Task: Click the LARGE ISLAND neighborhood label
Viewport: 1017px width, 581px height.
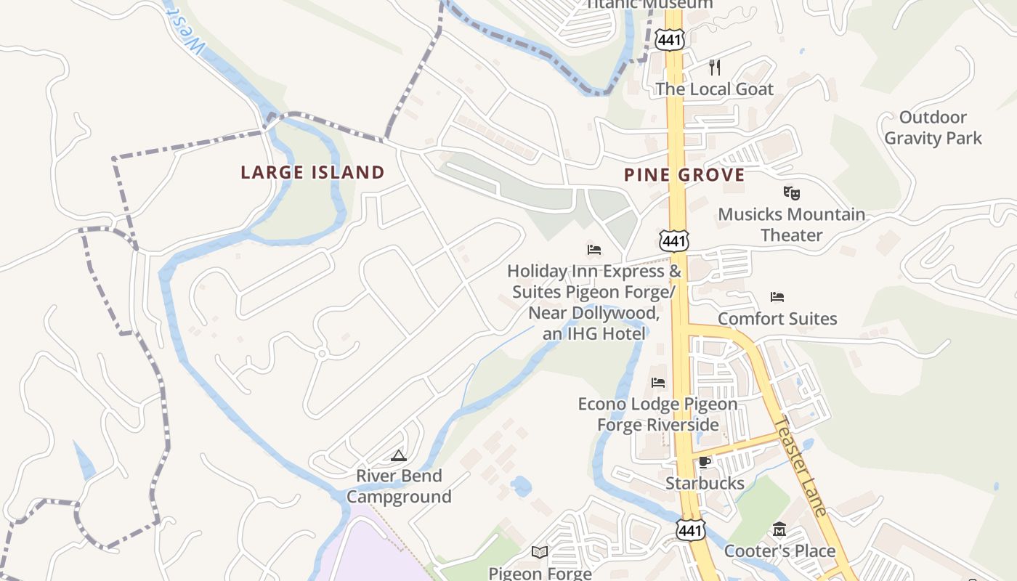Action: click(312, 173)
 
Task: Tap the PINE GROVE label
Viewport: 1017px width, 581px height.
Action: click(684, 175)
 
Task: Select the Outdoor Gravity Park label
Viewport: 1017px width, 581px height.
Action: click(933, 128)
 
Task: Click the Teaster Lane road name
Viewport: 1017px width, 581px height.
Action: click(801, 467)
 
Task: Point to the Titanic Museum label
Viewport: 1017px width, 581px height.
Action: click(649, 4)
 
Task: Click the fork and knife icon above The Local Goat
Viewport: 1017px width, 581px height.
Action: click(715, 68)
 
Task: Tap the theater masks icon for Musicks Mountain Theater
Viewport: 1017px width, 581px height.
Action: click(791, 193)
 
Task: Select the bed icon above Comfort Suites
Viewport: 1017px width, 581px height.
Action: click(777, 297)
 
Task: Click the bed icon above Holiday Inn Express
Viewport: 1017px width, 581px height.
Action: click(594, 250)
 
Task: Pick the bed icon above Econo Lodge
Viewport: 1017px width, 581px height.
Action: click(658, 382)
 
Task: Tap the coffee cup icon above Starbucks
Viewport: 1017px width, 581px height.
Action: click(704, 462)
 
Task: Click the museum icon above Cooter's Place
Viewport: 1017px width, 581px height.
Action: click(779, 529)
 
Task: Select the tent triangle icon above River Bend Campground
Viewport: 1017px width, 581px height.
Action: click(398, 455)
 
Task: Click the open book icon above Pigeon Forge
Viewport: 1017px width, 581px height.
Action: click(539, 553)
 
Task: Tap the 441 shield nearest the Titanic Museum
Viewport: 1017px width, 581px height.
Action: click(669, 39)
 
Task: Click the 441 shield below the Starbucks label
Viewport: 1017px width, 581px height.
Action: click(690, 530)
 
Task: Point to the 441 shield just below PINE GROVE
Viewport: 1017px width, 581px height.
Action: click(674, 240)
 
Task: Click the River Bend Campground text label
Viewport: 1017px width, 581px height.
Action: click(399, 487)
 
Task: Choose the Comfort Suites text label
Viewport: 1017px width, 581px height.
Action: click(777, 319)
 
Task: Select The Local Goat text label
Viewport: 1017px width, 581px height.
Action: click(715, 89)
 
